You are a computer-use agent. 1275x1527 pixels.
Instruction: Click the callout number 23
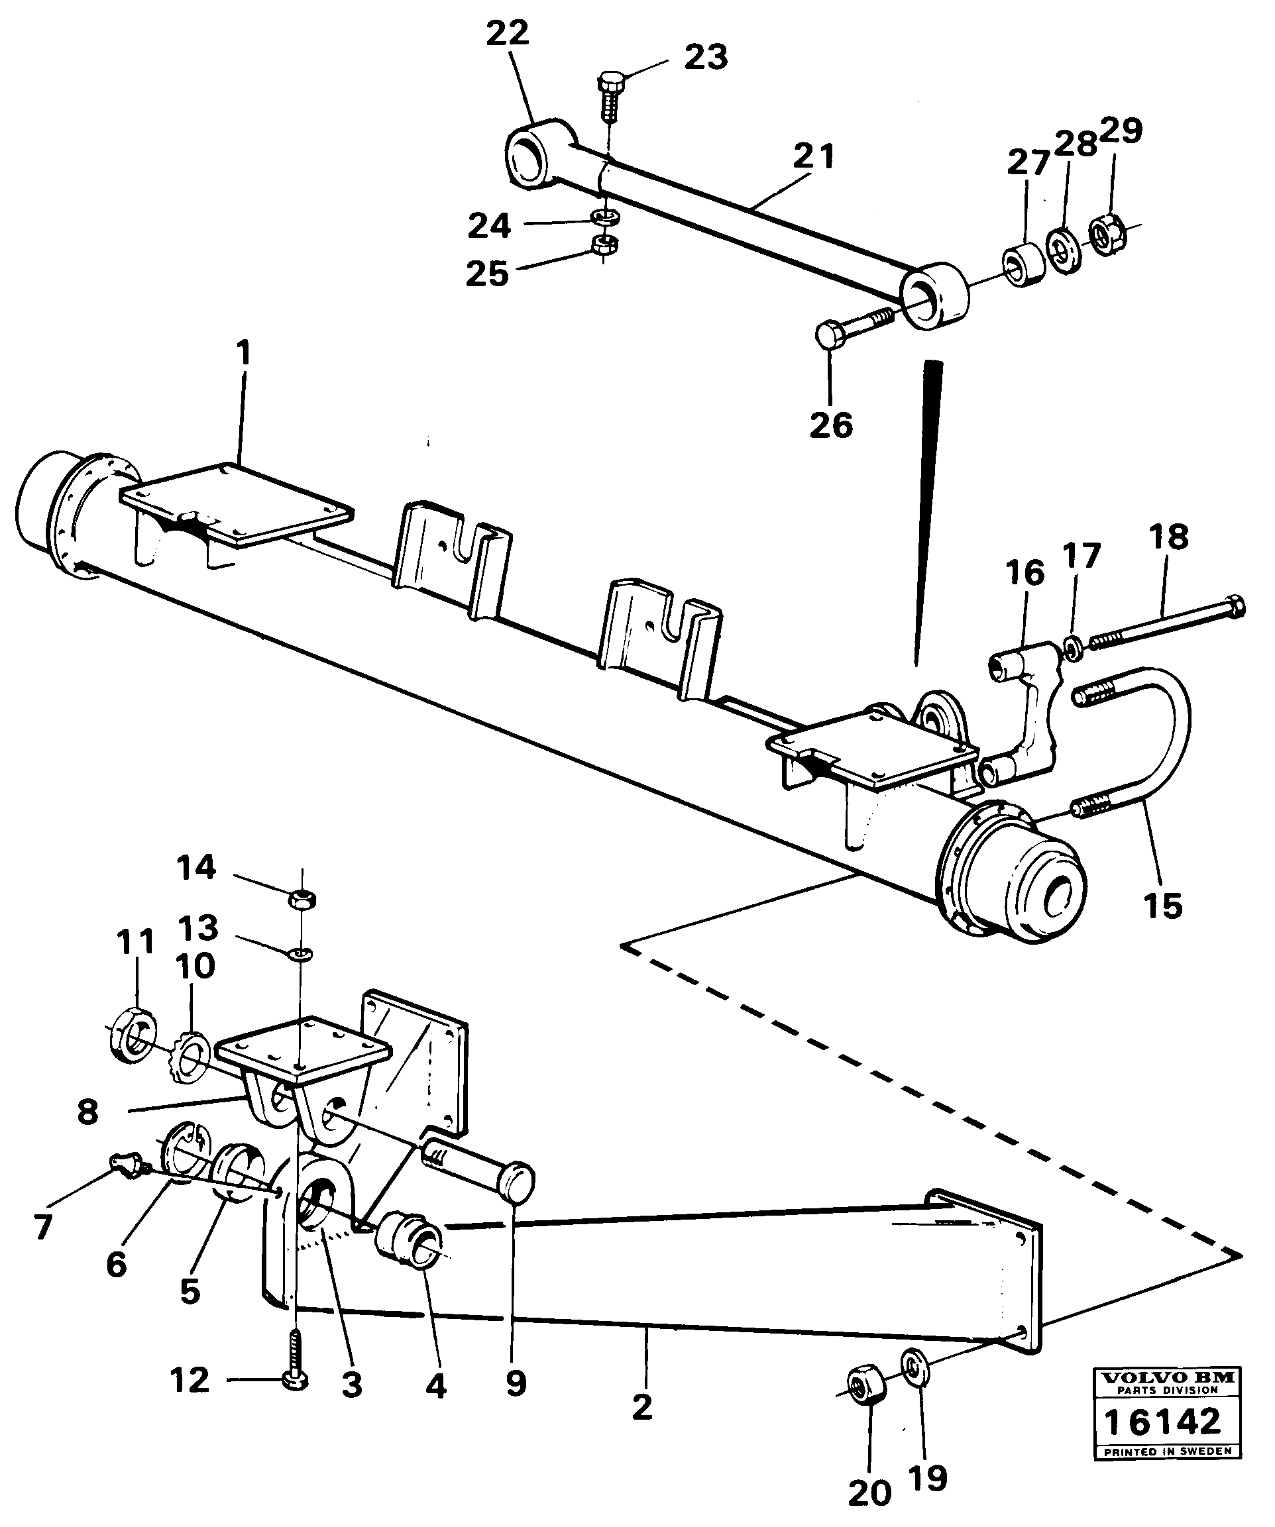(x=706, y=58)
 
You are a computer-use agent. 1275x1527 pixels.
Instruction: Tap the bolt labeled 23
(x=610, y=95)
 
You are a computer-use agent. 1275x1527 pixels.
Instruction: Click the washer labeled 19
(x=914, y=1363)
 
